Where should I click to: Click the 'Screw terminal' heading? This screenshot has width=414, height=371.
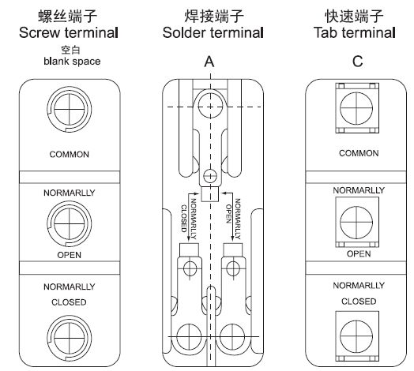[69, 32]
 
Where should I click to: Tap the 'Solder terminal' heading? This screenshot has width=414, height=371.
[213, 32]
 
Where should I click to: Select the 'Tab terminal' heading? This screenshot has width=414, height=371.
[355, 32]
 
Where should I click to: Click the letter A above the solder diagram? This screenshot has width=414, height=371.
[209, 62]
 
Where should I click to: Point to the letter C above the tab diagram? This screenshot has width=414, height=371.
[357, 62]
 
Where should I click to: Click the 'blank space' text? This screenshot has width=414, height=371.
[72, 62]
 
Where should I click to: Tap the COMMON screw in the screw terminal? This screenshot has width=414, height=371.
[70, 109]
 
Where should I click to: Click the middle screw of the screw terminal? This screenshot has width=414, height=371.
[70, 223]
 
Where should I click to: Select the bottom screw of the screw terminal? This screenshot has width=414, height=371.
[70, 338]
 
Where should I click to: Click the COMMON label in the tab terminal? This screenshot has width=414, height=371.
[359, 153]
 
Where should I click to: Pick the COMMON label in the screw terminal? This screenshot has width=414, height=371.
[70, 154]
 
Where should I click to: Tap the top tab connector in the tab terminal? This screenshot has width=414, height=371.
[357, 108]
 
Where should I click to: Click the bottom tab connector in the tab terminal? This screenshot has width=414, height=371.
[357, 336]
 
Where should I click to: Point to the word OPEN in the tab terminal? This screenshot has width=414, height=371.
[359, 254]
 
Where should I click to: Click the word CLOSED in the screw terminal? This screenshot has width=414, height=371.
[69, 302]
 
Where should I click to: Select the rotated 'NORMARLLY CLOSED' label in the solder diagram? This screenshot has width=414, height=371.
[189, 219]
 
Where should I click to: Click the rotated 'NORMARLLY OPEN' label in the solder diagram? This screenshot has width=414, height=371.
[233, 219]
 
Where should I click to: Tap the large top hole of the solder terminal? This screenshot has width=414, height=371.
[210, 106]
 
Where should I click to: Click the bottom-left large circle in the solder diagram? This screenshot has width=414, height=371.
[189, 336]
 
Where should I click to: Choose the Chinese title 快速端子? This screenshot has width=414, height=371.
[354, 16]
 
